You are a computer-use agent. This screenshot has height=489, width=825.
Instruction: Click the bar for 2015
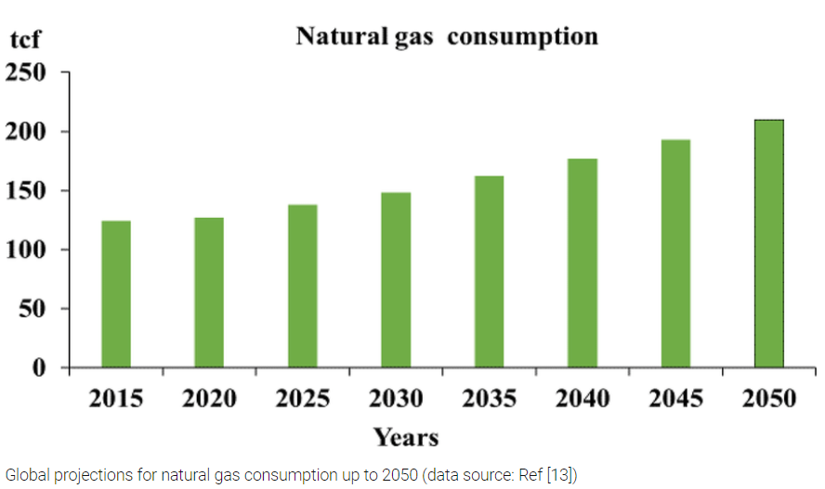pyautogui.click(x=116, y=294)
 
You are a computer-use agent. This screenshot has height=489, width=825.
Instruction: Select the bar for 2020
pyautogui.click(x=209, y=292)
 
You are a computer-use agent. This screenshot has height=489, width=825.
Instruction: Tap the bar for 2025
pyautogui.click(x=303, y=286)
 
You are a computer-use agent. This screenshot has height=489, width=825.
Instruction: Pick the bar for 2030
pyautogui.click(x=396, y=280)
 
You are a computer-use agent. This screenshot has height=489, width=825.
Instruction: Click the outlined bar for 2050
pyautogui.click(x=768, y=244)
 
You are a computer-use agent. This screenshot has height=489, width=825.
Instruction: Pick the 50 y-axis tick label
pyautogui.click(x=35, y=309)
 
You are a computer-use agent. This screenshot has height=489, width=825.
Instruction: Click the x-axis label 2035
pyautogui.click(x=489, y=399)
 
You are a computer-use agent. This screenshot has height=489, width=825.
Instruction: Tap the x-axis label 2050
pyautogui.click(x=768, y=399)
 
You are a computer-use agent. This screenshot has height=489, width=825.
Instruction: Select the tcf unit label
pyautogui.click(x=28, y=40)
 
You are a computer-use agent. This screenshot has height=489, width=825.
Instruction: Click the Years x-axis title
pyautogui.click(x=405, y=436)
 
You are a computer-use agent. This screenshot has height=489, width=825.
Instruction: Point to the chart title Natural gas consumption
pyautogui.click(x=446, y=36)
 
